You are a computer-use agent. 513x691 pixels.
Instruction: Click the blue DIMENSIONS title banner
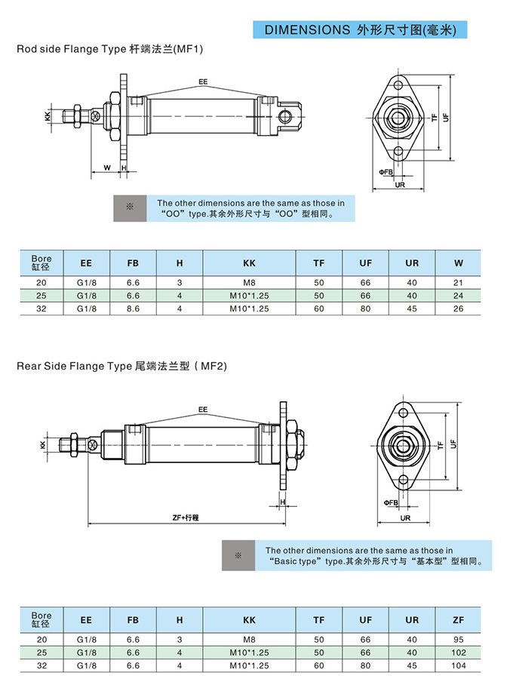pyautogui.click(x=361, y=29)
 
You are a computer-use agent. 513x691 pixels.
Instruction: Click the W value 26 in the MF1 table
pyautogui.click(x=459, y=308)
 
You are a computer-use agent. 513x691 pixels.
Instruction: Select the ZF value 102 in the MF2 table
pyautogui.click(x=459, y=652)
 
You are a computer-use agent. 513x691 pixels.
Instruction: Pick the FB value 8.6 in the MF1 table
pyautogui.click(x=133, y=308)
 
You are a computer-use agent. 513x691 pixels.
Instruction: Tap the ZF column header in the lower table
pyautogui.click(x=459, y=619)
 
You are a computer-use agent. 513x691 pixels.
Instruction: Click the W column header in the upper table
pyautogui.click(x=459, y=263)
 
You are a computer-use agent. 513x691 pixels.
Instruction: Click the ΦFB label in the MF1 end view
pyautogui.click(x=386, y=172)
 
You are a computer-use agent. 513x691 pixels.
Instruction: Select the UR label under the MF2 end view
pyautogui.click(x=405, y=518)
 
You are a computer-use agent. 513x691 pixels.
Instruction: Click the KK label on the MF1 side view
pyautogui.click(x=48, y=116)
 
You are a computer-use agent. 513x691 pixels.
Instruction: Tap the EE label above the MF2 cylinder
pyautogui.click(x=203, y=409)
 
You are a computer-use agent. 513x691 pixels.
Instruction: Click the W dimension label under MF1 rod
pyautogui.click(x=107, y=167)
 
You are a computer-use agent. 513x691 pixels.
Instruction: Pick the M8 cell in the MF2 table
pyautogui.click(x=249, y=639)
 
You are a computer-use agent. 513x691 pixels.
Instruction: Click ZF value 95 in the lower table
pyautogui.click(x=459, y=639)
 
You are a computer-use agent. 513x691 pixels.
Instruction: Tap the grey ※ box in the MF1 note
pyautogui.click(x=129, y=207)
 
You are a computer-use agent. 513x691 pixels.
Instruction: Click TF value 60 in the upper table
pyautogui.click(x=319, y=308)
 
